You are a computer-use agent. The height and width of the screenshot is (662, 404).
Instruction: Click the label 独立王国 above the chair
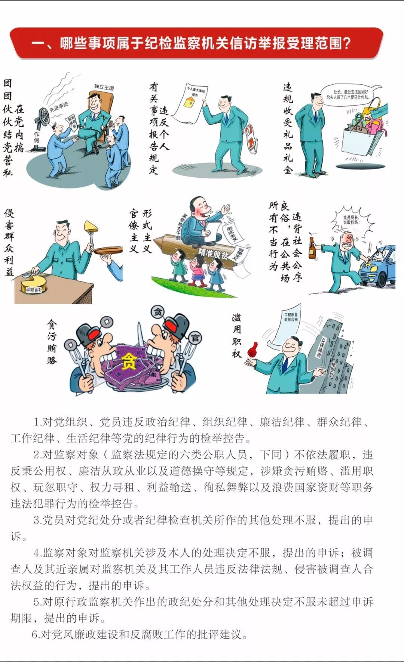[x=104, y=87]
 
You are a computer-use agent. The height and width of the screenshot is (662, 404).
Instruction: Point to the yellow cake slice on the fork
[x=91, y=226]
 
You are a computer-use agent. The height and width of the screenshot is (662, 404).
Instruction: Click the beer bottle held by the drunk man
[x=312, y=248]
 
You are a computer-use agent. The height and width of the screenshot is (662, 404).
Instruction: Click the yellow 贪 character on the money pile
[x=129, y=361]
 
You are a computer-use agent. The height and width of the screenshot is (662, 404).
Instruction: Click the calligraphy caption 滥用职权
[x=236, y=336]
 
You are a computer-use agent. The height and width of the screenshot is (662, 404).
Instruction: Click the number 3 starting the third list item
[x=36, y=520]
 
